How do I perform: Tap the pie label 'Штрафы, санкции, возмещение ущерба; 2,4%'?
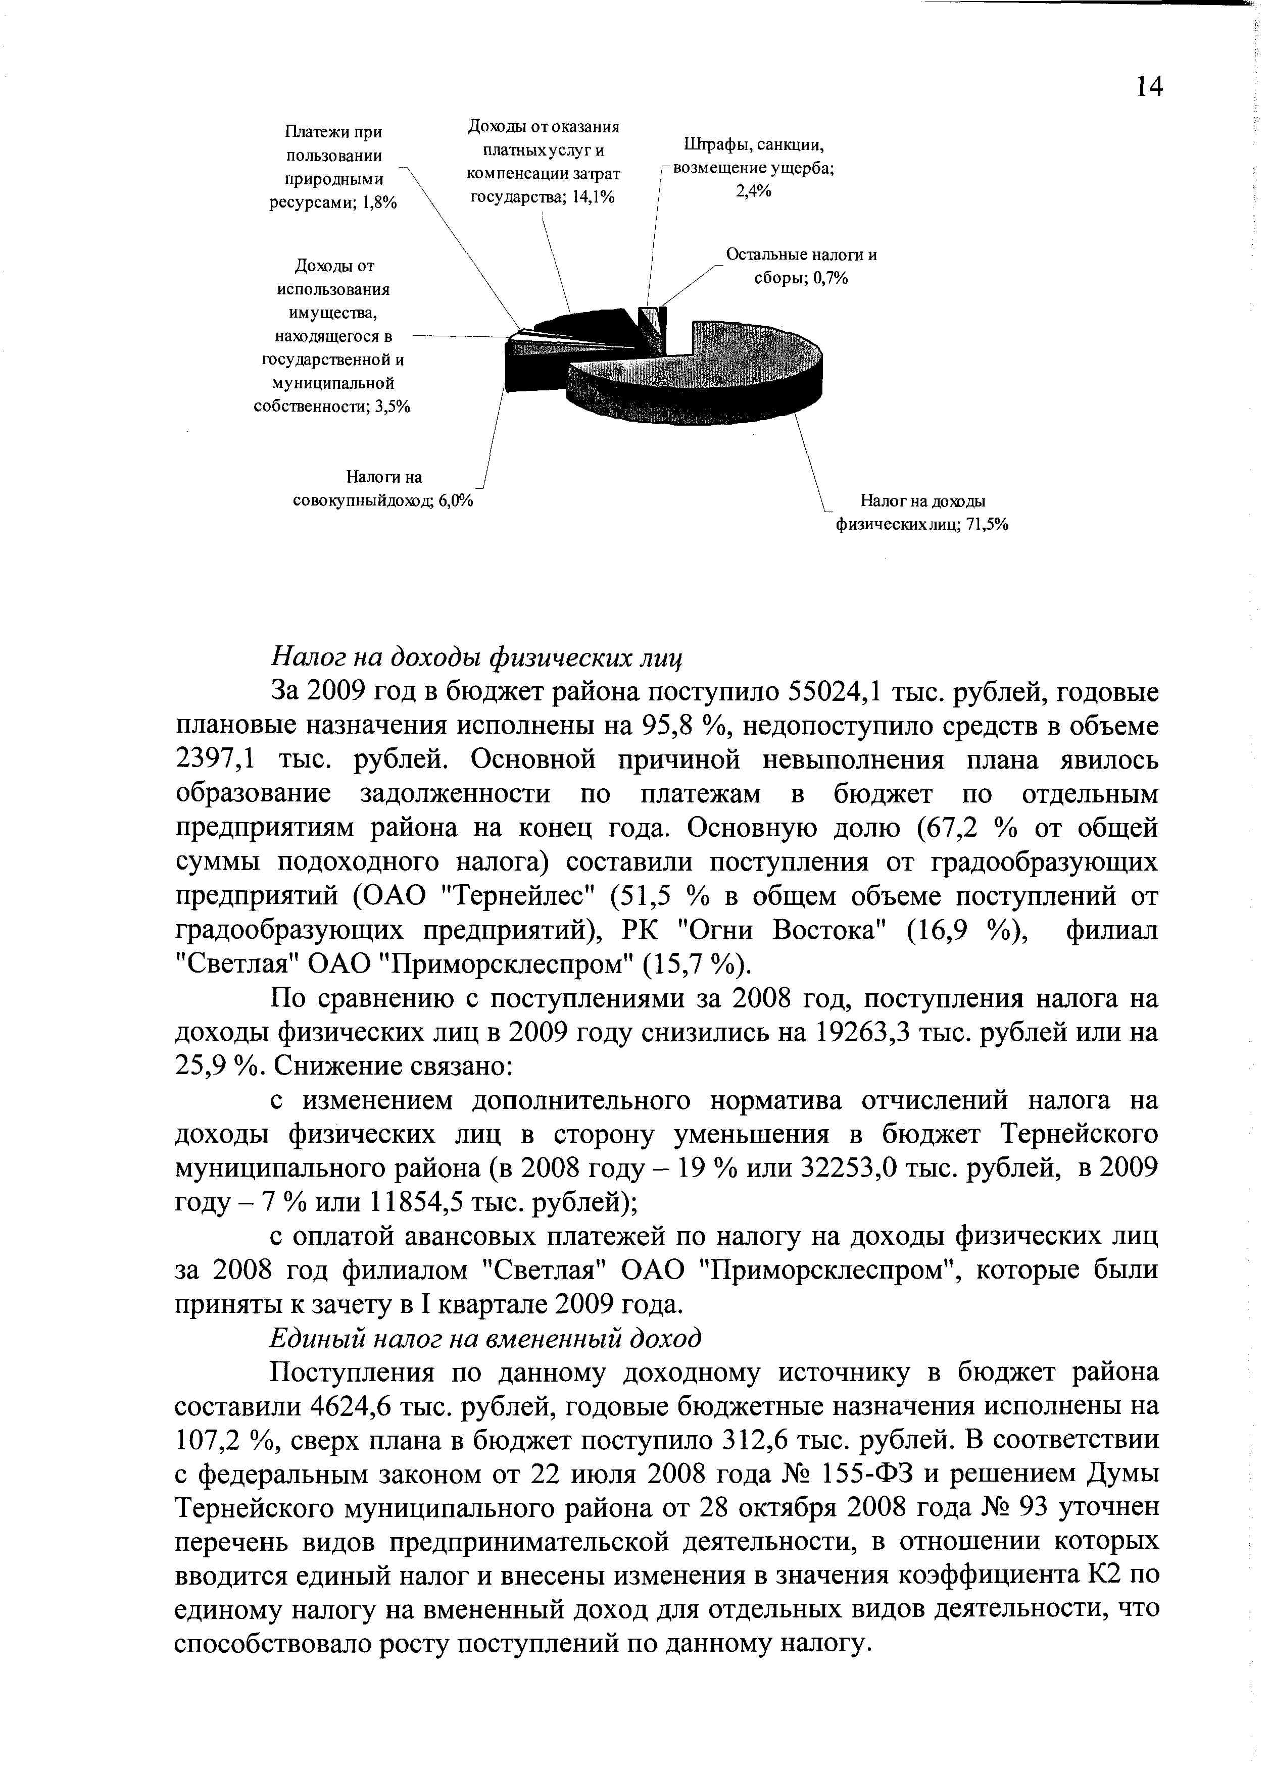[x=754, y=168]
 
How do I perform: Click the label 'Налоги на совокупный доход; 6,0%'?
[x=383, y=489]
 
